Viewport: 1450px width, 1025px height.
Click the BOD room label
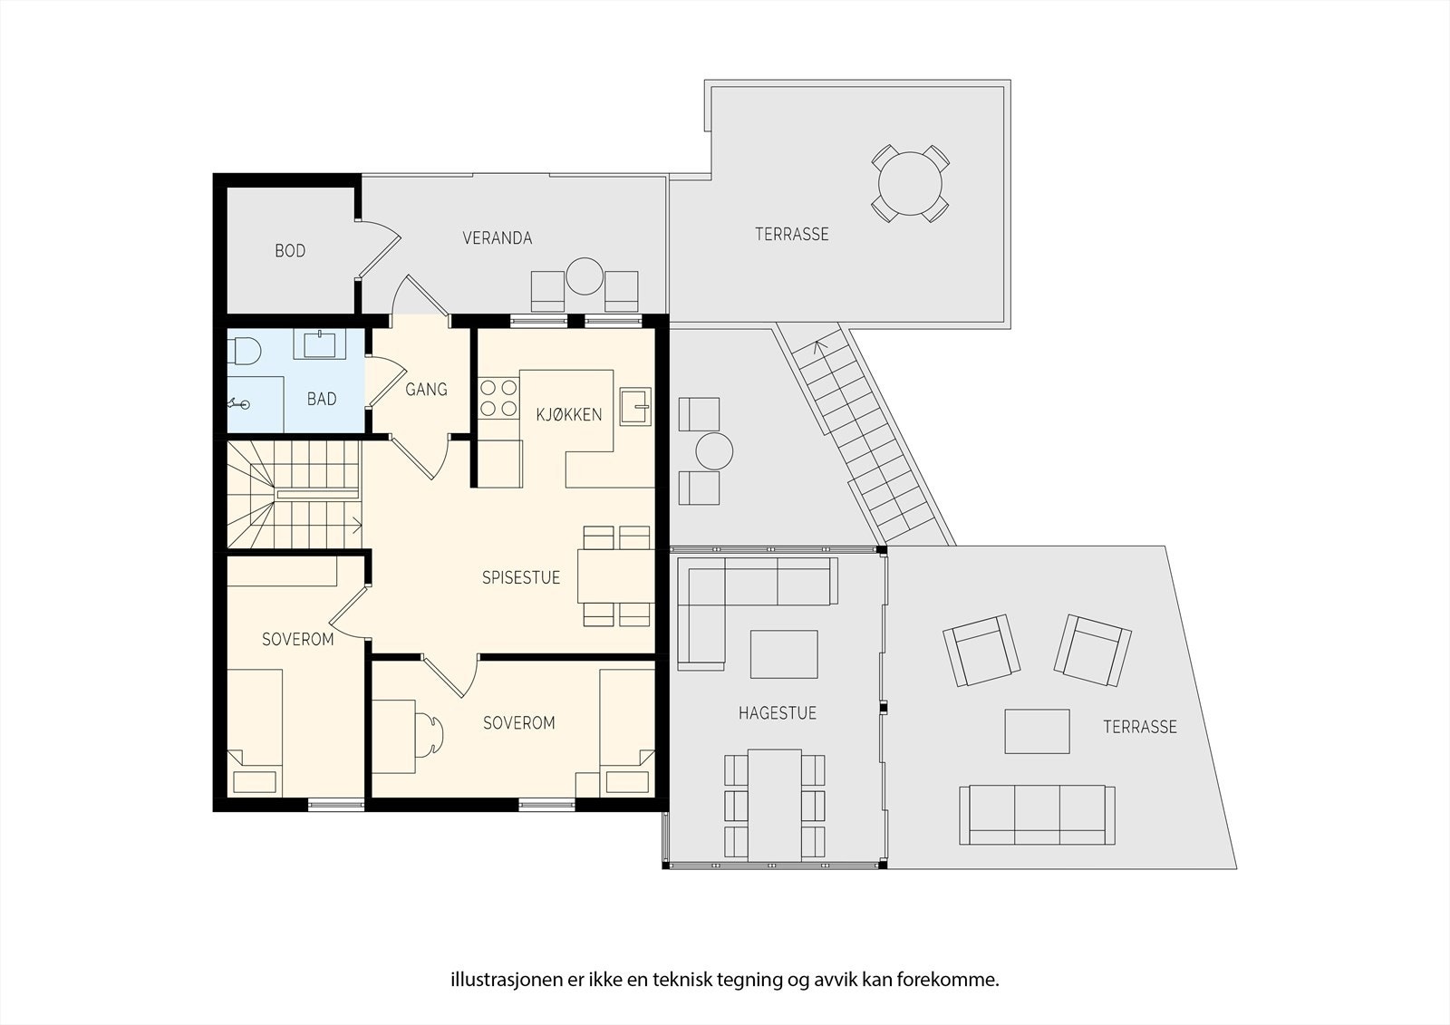[290, 250]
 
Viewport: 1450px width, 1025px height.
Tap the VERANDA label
[498, 238]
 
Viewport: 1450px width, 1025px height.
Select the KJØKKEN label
[569, 414]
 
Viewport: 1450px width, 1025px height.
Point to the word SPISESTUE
[521, 577]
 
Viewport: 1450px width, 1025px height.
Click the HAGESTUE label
[778, 713]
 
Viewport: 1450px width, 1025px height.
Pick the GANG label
[426, 389]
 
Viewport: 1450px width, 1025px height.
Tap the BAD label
[322, 399]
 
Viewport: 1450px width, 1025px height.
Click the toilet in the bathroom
[244, 352]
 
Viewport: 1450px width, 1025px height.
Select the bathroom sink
[320, 343]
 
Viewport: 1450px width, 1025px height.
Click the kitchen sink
[635, 406]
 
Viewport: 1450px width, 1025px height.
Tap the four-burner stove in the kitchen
[499, 398]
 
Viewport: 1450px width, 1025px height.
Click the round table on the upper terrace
[910, 184]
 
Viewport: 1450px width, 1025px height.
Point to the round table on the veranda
[585, 276]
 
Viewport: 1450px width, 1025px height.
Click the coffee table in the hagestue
[784, 654]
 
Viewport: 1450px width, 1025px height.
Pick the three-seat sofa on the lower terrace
[1037, 815]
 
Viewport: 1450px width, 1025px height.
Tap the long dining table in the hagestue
[775, 806]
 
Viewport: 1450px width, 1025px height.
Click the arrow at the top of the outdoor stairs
[820, 348]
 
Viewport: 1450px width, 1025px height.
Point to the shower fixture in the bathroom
[237, 404]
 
